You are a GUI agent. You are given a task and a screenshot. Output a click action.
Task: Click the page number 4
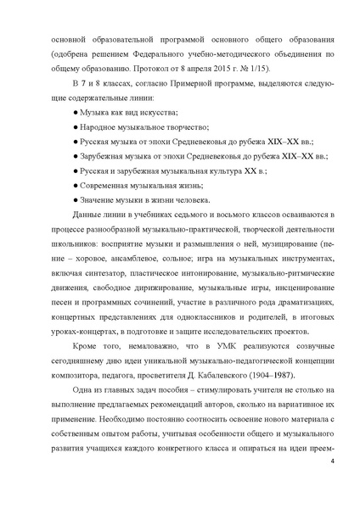click(x=333, y=484)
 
